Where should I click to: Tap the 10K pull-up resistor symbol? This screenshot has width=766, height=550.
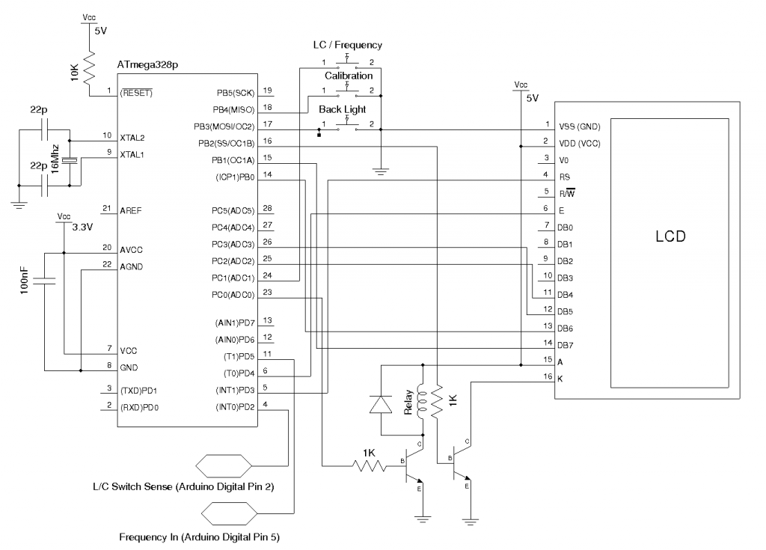click(91, 68)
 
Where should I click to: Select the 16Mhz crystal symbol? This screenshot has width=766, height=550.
click(70, 159)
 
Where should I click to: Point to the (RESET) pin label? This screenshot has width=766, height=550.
click(136, 94)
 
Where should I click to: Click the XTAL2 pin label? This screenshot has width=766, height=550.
click(132, 137)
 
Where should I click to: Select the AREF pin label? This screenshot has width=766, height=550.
click(131, 210)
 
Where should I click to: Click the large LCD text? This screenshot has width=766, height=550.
click(670, 237)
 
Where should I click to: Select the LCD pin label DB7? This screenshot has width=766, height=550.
click(566, 344)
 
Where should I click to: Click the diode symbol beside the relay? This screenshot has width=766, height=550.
click(382, 403)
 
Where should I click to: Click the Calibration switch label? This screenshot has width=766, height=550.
click(348, 76)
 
